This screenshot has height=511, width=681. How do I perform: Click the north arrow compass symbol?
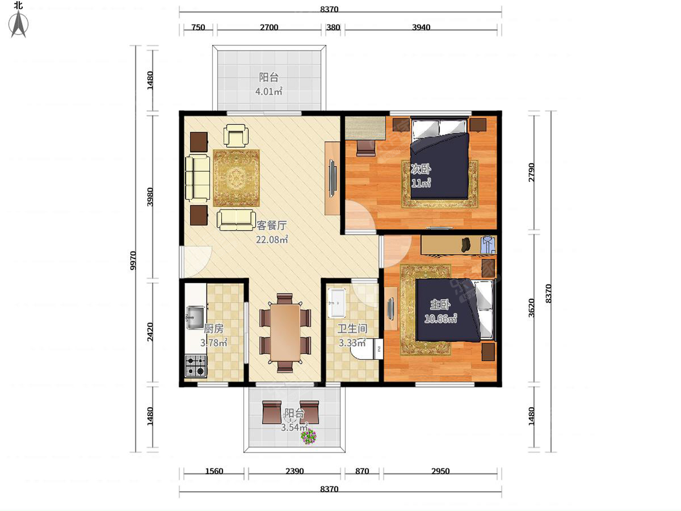pos(19,24)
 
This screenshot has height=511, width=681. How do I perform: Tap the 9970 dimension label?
pos(133,260)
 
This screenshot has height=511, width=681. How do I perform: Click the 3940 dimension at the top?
pos(421,27)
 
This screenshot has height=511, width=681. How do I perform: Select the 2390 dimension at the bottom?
pos(295,471)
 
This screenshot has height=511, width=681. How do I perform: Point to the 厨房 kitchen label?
pos(213,329)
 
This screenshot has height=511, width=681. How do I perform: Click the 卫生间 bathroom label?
pos(352,329)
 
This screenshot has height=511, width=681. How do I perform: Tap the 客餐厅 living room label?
pos(272,225)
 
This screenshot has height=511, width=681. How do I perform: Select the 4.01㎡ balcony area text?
pos(268,91)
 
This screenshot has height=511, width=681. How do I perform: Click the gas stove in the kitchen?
pos(196,366)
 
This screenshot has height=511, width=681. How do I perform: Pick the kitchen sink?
pos(195,317)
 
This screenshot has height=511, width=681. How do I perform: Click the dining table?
pos(285,333)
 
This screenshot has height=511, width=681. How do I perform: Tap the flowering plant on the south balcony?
pos(309,437)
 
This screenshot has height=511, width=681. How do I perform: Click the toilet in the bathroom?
pos(367,349)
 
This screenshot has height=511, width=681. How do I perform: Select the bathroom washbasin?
pos(337,303)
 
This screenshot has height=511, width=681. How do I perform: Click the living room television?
pos(333,178)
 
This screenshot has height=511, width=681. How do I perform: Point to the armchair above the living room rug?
pos(236,136)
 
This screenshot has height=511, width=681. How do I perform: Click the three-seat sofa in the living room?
pos(197,178)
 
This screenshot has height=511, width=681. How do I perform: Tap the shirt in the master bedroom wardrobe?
pos(488,245)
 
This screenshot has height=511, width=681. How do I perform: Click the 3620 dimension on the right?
pos(531,308)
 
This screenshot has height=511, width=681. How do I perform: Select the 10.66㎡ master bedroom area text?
pos(440,319)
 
